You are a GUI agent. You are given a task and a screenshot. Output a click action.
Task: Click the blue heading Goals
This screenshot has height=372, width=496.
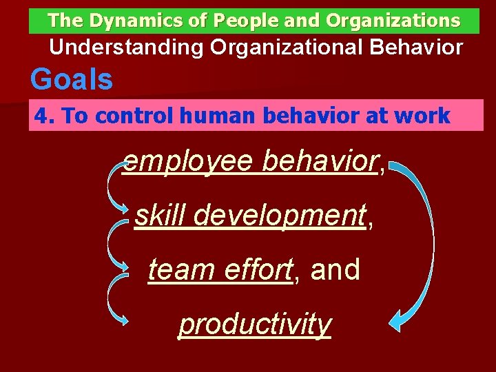pos(72,80)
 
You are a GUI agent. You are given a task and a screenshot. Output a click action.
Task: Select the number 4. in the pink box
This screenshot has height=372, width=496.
pos(44,116)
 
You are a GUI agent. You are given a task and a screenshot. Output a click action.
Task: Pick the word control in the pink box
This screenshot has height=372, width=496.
pos(129,116)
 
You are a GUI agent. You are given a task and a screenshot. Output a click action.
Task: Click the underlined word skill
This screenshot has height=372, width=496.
pos(160,216)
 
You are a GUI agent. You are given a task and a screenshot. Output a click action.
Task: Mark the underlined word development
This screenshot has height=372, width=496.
pos(279,216)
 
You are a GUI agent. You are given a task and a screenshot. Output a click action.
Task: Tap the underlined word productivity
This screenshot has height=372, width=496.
pos(255,323)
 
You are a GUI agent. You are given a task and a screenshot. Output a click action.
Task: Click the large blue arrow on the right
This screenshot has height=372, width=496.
pos(422,241)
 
